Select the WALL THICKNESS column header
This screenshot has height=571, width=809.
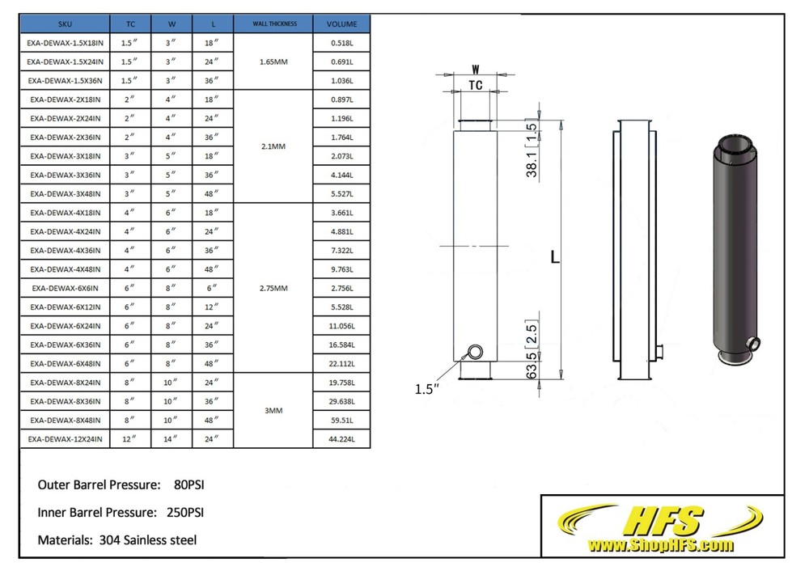[x=273, y=24]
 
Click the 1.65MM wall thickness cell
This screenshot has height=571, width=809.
[x=273, y=61]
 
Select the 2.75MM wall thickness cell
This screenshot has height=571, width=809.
[x=273, y=288]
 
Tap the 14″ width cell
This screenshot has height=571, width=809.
[x=171, y=439]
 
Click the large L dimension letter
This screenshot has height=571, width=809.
[x=554, y=257]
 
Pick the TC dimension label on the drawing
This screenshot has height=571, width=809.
[x=476, y=86]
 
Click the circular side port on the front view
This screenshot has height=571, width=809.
[x=475, y=352]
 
